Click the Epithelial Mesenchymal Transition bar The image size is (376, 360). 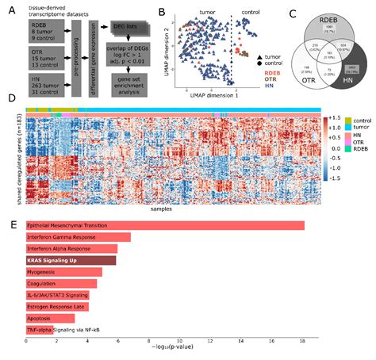[165, 226]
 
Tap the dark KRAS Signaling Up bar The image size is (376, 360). [71, 259]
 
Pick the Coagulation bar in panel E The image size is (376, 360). [61, 282]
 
